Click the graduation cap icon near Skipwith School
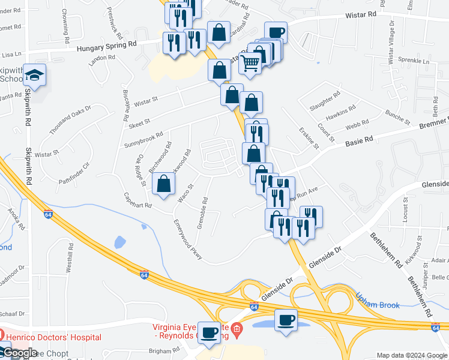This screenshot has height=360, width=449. coord(35,75)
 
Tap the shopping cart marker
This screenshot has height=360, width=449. coord(250,62)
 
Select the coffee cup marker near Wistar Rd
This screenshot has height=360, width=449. coord(276,32)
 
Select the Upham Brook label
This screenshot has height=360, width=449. coord(378,305)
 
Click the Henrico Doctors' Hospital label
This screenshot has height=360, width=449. coord(54,338)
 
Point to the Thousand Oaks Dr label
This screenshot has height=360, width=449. coord(70,119)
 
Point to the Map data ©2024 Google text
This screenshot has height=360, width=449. coord(411,355)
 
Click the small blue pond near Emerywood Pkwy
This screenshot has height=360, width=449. coord(119,242)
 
